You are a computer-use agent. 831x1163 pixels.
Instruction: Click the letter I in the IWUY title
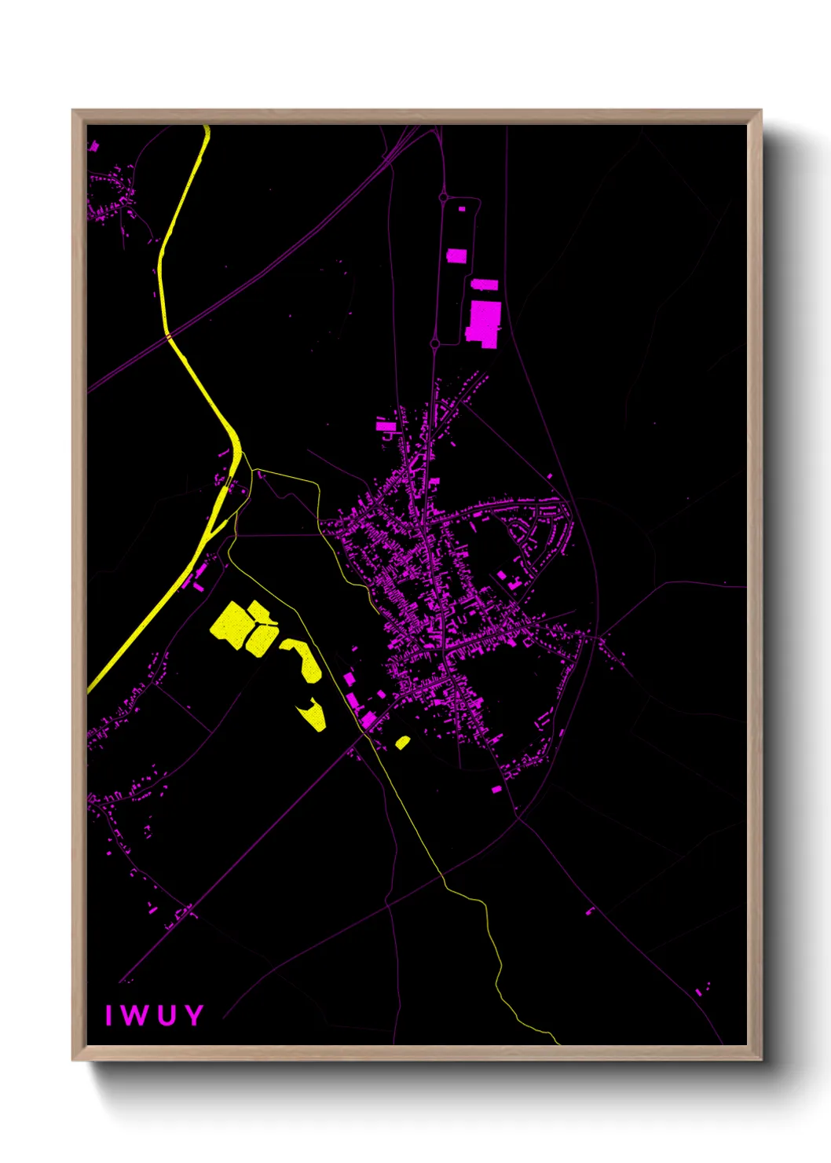click(x=109, y=1015)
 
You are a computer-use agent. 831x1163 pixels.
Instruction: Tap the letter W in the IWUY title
click(x=134, y=1015)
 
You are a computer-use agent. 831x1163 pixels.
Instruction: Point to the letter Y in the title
click(x=193, y=1015)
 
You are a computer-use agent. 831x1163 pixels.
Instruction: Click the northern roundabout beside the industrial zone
click(x=444, y=197)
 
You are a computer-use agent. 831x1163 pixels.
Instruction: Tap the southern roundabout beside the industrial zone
click(x=435, y=343)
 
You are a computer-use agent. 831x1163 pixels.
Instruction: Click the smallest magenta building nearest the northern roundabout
click(x=462, y=209)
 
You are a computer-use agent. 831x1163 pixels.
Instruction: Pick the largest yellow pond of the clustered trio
click(x=232, y=626)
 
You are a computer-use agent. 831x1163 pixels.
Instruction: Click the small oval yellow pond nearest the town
click(x=402, y=742)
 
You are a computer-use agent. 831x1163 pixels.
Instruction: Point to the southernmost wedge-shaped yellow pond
click(x=313, y=714)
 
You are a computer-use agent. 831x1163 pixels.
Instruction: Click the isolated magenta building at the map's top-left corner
click(x=94, y=145)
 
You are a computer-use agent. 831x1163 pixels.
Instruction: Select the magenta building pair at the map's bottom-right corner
click(x=702, y=989)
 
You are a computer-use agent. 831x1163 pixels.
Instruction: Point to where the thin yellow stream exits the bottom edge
click(x=558, y=1044)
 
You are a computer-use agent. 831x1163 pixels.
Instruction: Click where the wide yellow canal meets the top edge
click(x=206, y=127)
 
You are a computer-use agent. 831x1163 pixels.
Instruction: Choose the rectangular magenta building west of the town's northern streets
click(x=386, y=426)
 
